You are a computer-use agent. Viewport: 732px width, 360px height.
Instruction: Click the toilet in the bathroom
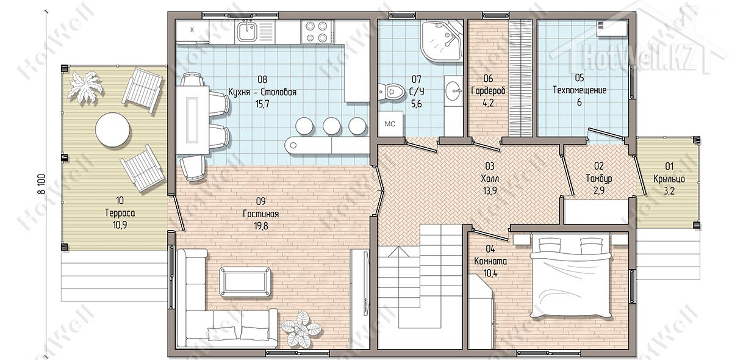click(x=391, y=92)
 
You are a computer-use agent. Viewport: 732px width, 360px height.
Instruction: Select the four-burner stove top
click(x=317, y=32)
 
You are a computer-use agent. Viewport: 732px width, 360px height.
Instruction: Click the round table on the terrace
click(x=113, y=130)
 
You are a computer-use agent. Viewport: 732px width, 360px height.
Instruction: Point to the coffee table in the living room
click(x=245, y=282)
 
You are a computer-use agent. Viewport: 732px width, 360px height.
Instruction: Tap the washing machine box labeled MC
click(x=390, y=124)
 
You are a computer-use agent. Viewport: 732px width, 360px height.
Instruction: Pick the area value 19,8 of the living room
click(x=260, y=226)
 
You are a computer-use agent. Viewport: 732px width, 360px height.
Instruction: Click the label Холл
click(x=490, y=179)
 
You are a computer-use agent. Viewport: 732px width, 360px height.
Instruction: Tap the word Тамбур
click(x=598, y=179)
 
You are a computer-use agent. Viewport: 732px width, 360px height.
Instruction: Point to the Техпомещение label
click(x=579, y=90)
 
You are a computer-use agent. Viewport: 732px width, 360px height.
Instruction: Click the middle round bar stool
click(x=331, y=126)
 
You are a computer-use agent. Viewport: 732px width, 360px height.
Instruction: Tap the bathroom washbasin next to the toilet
click(x=453, y=91)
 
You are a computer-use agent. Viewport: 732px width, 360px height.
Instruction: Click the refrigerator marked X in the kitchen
click(x=192, y=31)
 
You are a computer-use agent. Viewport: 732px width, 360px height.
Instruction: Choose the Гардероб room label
click(x=488, y=90)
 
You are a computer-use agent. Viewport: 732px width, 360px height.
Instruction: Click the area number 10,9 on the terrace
click(x=120, y=225)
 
